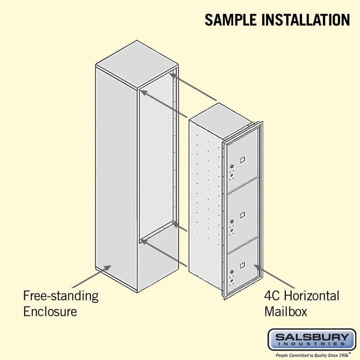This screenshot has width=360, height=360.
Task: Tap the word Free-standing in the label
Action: [60, 296]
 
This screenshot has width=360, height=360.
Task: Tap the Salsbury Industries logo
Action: [309, 339]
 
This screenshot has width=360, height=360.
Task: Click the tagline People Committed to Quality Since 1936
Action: [309, 354]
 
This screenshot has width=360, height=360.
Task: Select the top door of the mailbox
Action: [243, 158]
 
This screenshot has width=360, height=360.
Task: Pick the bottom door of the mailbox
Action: [243, 265]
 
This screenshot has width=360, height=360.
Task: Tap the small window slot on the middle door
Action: [242, 215]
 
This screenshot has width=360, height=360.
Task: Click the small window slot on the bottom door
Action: [242, 265]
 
